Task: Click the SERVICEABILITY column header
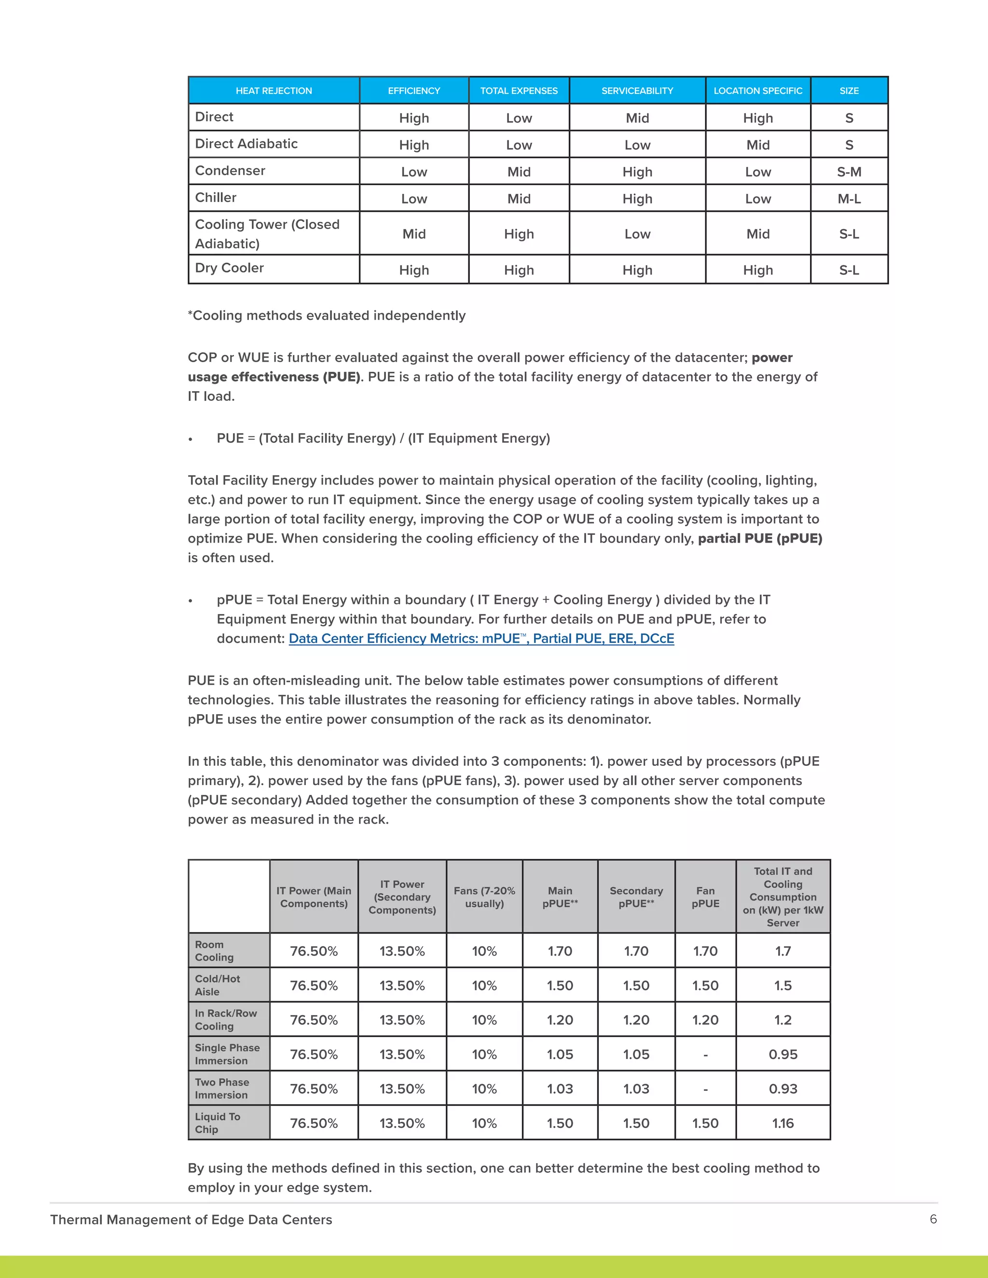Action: coord(637,91)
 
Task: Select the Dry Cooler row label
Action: coord(230,268)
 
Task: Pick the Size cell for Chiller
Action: coord(849,199)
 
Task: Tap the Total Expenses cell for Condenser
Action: coord(519,172)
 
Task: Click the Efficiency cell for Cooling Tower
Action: coord(414,234)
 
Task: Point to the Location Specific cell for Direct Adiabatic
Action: coord(757,145)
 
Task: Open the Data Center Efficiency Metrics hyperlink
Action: coord(481,639)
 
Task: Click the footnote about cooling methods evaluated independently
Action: coord(327,315)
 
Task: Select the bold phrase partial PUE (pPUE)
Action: coord(760,538)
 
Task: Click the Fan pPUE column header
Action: coord(705,897)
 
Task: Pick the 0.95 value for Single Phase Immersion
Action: coord(782,1054)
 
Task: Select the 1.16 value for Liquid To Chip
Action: coord(782,1123)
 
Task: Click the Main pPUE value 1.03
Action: coord(560,1089)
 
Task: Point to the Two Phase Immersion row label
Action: coord(222,1088)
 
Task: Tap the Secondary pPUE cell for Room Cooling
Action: coord(636,952)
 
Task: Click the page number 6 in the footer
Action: coord(933,1219)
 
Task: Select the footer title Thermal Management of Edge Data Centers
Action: coord(191,1220)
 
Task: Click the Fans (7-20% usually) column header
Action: coord(484,897)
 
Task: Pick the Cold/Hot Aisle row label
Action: coord(217,985)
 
